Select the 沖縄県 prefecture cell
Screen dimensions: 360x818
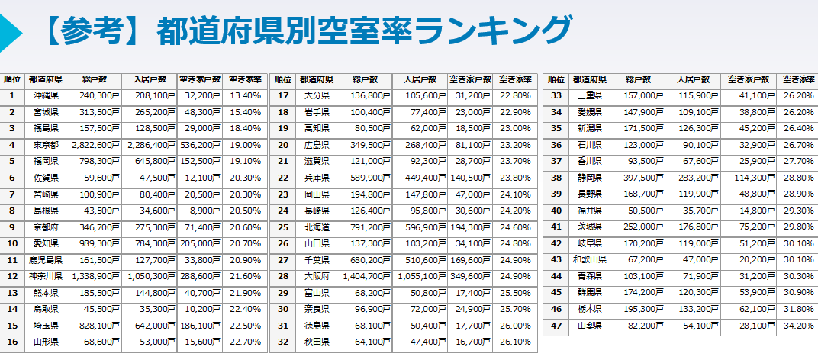pos(47,95)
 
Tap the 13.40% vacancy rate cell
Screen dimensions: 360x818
pos(245,95)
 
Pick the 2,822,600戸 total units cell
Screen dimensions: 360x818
pos(95,144)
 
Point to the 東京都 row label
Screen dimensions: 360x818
pos(47,144)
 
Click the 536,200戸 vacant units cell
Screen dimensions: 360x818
pos(200,144)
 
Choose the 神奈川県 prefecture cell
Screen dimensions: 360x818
pos(47,275)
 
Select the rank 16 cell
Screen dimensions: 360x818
pos(12,341)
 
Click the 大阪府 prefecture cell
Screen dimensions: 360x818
pos(315,275)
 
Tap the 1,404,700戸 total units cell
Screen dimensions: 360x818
pos(366,275)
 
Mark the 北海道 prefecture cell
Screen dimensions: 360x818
pos(315,227)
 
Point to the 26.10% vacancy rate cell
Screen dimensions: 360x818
pos(516,341)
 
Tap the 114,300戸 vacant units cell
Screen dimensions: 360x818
pos(753,178)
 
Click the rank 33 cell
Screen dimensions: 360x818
pos(556,95)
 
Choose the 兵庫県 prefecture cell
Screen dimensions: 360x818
pos(315,178)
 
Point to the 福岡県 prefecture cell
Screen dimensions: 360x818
pos(47,161)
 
